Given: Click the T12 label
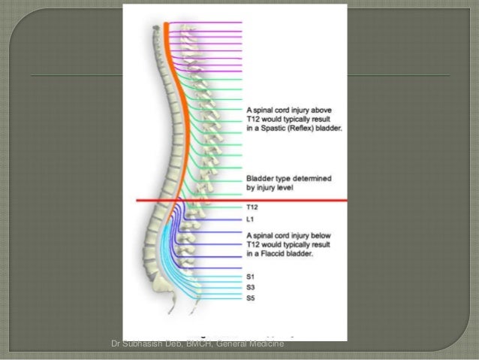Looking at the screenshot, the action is [252, 207].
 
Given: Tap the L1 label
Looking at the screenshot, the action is [250, 219].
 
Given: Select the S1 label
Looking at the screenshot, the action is [250, 276].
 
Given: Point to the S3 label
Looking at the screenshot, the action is [250, 287].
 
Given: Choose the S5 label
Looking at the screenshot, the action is [250, 298].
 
